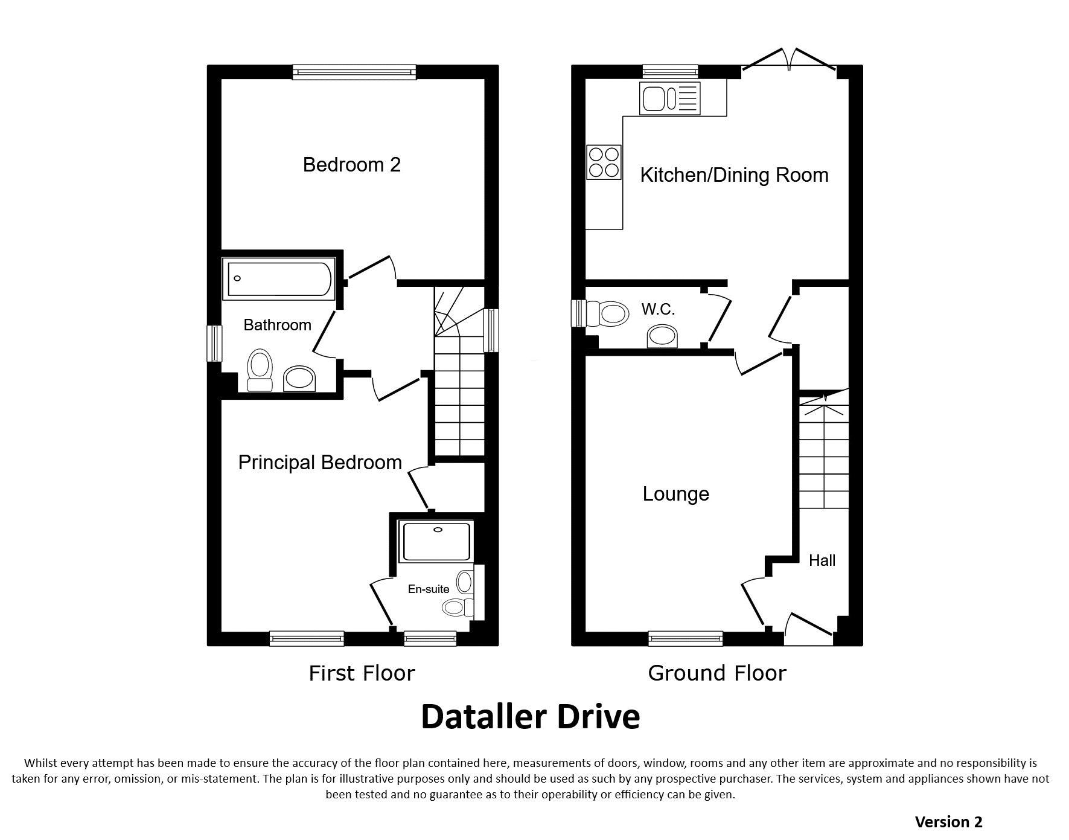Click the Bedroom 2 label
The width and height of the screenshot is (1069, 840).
point(352,164)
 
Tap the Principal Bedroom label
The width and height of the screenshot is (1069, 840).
point(320,463)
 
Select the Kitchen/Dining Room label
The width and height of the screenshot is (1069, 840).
point(734,175)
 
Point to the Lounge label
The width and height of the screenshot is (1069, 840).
point(675,494)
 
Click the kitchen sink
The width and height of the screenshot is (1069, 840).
point(670,98)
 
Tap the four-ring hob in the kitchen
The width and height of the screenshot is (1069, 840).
point(604,162)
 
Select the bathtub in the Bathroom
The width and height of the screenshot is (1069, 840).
point(278,278)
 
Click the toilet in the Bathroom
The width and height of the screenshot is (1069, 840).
point(260,370)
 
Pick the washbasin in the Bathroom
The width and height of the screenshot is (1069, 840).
point(299,379)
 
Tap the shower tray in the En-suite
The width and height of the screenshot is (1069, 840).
point(435,542)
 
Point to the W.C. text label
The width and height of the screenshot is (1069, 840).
point(658,309)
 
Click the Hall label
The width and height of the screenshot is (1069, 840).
point(822,560)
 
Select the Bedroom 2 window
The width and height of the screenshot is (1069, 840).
point(354,72)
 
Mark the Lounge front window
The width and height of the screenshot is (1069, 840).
point(686,638)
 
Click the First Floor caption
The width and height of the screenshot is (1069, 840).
point(362,673)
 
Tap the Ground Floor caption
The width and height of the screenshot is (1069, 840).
point(717,673)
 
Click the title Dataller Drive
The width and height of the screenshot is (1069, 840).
point(530,717)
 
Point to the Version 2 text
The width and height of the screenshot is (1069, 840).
point(948,822)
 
